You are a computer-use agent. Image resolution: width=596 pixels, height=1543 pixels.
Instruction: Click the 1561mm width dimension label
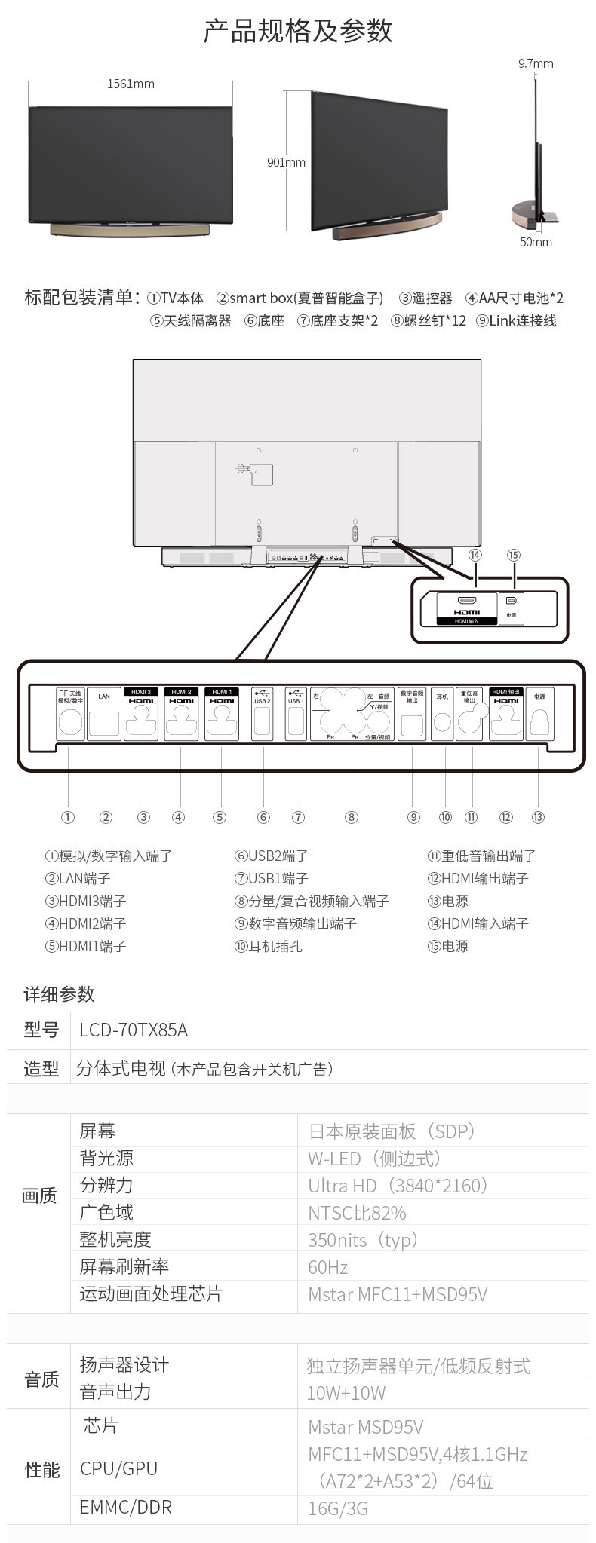coord(131,84)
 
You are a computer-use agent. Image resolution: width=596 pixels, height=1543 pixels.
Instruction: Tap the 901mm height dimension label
coord(286,162)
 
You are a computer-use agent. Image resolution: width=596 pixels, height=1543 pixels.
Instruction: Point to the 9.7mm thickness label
coord(536,64)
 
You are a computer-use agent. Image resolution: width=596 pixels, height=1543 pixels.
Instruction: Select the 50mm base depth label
coord(536,242)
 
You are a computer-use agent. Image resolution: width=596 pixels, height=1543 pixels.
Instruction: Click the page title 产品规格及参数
coord(298,32)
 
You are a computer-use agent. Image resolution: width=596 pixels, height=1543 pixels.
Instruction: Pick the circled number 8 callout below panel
coord(352,817)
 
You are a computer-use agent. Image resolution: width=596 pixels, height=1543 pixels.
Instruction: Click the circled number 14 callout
coord(475,555)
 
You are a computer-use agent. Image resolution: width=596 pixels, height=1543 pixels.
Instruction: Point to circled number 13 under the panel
coord(538,817)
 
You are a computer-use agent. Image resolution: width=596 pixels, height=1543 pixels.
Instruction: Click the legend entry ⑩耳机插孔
coord(268,946)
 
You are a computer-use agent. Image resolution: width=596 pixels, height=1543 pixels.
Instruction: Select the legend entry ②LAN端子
coord(78,878)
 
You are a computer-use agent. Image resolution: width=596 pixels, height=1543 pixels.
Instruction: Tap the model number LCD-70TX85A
coord(134,1030)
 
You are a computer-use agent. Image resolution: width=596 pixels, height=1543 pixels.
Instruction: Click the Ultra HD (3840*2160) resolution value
coord(398,1186)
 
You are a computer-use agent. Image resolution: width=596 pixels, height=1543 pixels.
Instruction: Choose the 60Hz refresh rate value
coord(327,1267)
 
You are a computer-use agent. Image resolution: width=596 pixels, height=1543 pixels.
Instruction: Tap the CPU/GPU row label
coord(118,1468)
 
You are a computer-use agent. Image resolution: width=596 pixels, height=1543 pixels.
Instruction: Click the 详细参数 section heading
coord(59,993)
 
